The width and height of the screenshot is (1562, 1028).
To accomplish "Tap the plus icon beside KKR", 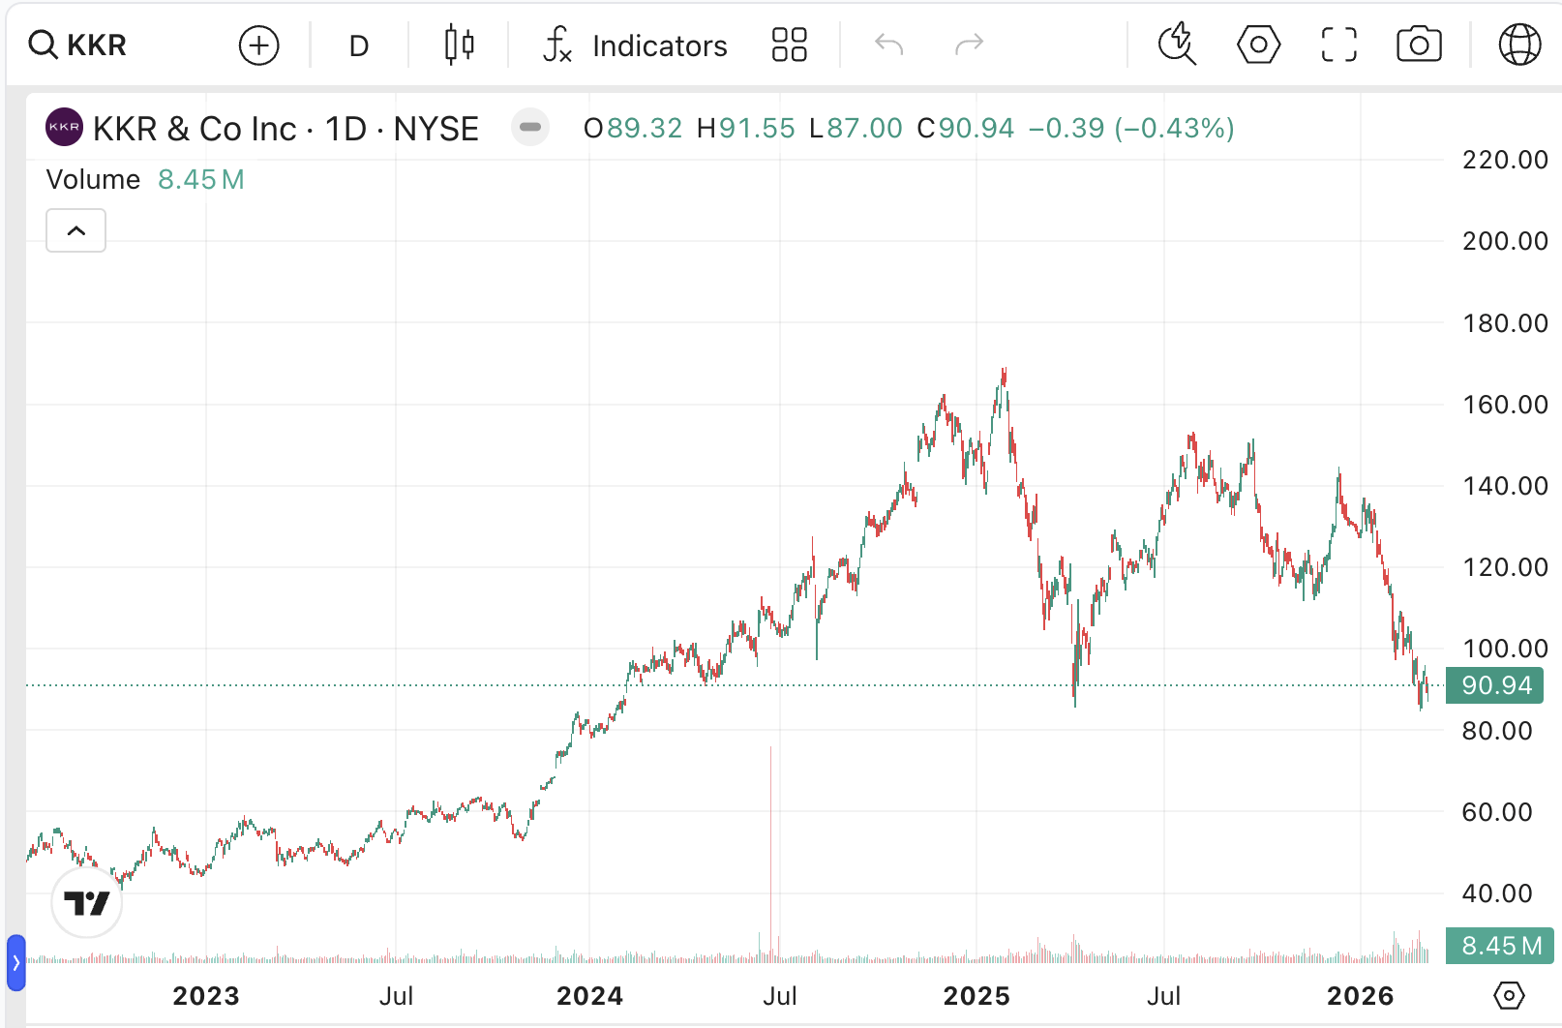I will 258,45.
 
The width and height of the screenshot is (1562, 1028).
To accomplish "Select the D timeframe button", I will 359,45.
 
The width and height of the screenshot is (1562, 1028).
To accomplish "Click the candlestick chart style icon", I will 460,45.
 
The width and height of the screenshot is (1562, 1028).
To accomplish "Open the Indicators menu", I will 635,45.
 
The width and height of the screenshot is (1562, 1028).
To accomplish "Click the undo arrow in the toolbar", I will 888,45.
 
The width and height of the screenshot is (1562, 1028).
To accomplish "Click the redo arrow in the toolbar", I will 969,45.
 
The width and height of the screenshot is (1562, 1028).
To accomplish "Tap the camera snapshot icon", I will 1419,45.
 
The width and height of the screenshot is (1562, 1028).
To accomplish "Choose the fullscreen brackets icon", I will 1339,45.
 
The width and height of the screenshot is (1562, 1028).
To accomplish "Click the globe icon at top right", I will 1519,45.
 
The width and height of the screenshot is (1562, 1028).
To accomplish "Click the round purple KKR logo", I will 64,128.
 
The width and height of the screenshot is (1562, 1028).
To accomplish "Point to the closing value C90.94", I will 965,129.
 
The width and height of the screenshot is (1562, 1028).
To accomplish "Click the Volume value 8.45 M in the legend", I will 201,180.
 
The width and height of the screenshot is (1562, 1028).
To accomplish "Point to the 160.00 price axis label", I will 1505,405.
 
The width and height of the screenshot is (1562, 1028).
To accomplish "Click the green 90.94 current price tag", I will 1495,685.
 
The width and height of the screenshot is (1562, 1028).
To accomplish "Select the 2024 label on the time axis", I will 589,996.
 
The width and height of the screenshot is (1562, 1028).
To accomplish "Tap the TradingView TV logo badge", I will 87,903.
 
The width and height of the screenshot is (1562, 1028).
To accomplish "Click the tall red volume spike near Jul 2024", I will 771,852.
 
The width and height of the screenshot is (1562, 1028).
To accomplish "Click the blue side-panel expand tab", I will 15,963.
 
